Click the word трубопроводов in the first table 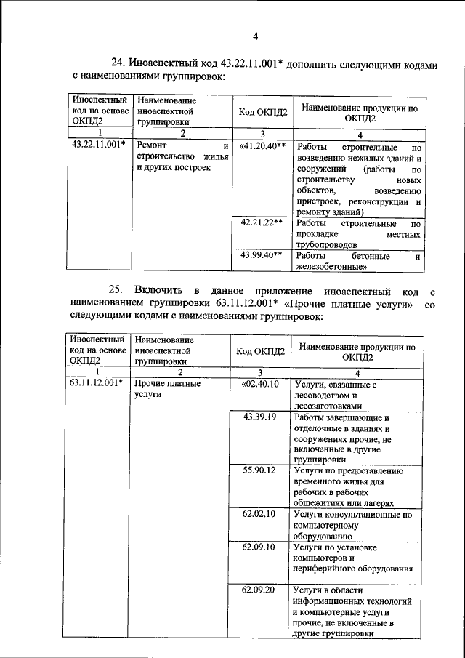tap(327, 246)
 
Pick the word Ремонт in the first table tap(150, 145)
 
